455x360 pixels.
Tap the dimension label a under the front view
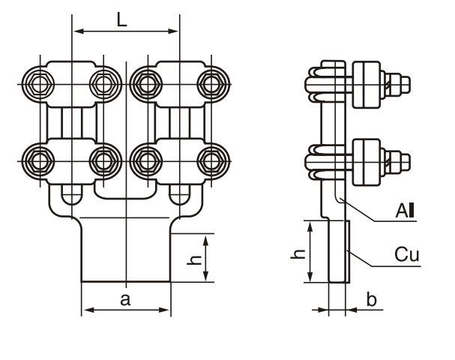tap(125, 300)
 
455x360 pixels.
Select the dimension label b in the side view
tap(373, 300)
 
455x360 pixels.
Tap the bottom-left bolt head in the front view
tap(36, 159)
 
